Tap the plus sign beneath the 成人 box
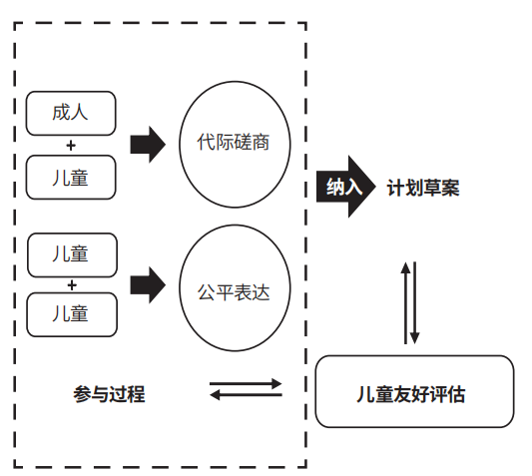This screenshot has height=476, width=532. (x=71, y=146)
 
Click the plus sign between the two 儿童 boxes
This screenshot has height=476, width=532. (x=72, y=285)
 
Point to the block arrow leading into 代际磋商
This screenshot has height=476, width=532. (x=148, y=145)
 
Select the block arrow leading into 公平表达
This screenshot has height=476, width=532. (x=148, y=285)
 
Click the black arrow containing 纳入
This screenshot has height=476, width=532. (x=346, y=187)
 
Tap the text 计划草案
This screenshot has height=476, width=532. (x=423, y=188)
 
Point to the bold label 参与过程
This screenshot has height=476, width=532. (x=109, y=394)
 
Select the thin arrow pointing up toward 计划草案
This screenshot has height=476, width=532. (x=405, y=303)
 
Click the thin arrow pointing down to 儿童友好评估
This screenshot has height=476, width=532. (x=414, y=303)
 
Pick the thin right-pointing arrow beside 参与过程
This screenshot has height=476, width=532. (x=246, y=384)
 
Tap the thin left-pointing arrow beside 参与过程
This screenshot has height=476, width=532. (x=246, y=394)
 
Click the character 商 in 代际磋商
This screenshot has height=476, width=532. (x=261, y=142)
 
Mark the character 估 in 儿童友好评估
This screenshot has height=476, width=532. (x=456, y=394)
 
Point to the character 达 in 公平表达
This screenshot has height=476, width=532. (x=261, y=292)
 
